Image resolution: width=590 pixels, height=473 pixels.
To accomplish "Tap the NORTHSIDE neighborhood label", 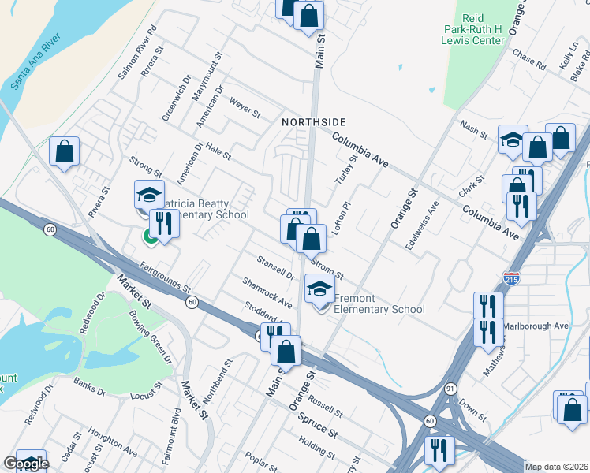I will tap(314, 122).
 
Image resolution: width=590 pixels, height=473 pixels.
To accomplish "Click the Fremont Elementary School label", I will tap(379, 304).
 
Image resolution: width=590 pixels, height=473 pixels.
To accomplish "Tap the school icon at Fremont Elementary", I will tap(319, 291).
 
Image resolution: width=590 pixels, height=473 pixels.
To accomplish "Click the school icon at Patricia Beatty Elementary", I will tap(147, 194).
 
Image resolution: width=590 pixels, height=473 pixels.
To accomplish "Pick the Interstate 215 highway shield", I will tap(510, 278).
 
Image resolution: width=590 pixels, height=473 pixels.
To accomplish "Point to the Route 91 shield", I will tap(450, 389).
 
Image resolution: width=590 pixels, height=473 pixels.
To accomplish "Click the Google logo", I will tap(26, 464).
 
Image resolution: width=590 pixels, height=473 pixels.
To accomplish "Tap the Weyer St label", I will tap(245, 108).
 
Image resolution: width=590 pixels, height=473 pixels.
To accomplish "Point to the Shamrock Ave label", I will tap(267, 292).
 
